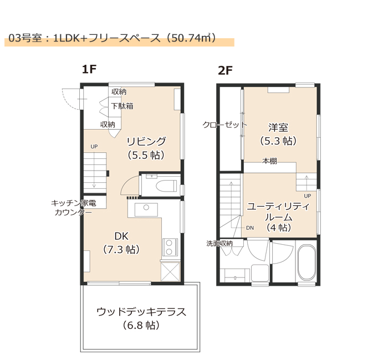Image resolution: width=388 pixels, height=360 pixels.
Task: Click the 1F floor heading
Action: pos(89,69)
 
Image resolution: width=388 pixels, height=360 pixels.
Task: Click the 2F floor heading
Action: pos(225,70)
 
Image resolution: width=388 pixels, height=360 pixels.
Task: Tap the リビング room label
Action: pos(146,141)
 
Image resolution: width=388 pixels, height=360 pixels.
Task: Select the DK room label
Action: pos(121,236)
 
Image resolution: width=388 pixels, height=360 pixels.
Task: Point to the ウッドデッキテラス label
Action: pos(141,312)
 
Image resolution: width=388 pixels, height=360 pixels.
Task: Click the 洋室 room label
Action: pos(278,127)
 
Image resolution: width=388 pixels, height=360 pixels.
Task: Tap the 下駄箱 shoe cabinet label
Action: pos(122,106)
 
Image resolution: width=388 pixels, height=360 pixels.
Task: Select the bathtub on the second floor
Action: pos(307,263)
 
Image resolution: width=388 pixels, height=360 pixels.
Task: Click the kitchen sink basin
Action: pos(146,210)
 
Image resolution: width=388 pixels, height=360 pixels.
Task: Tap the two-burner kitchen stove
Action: pos(170,247)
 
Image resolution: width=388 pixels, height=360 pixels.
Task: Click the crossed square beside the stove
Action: pos(170,272)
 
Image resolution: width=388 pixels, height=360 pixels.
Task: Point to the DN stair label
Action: pos(250,228)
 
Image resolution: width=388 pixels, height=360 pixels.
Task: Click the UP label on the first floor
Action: pos(94,147)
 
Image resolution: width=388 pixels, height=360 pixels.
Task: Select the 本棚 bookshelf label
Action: pos(269,161)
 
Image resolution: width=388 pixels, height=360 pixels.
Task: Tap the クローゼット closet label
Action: pos(224,125)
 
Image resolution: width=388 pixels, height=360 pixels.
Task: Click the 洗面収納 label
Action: pos(219,244)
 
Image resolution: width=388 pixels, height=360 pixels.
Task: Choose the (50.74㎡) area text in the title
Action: pos(191,38)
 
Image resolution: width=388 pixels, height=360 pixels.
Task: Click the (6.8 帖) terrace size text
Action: pos(141,325)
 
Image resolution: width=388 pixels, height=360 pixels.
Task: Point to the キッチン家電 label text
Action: pos(74,203)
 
